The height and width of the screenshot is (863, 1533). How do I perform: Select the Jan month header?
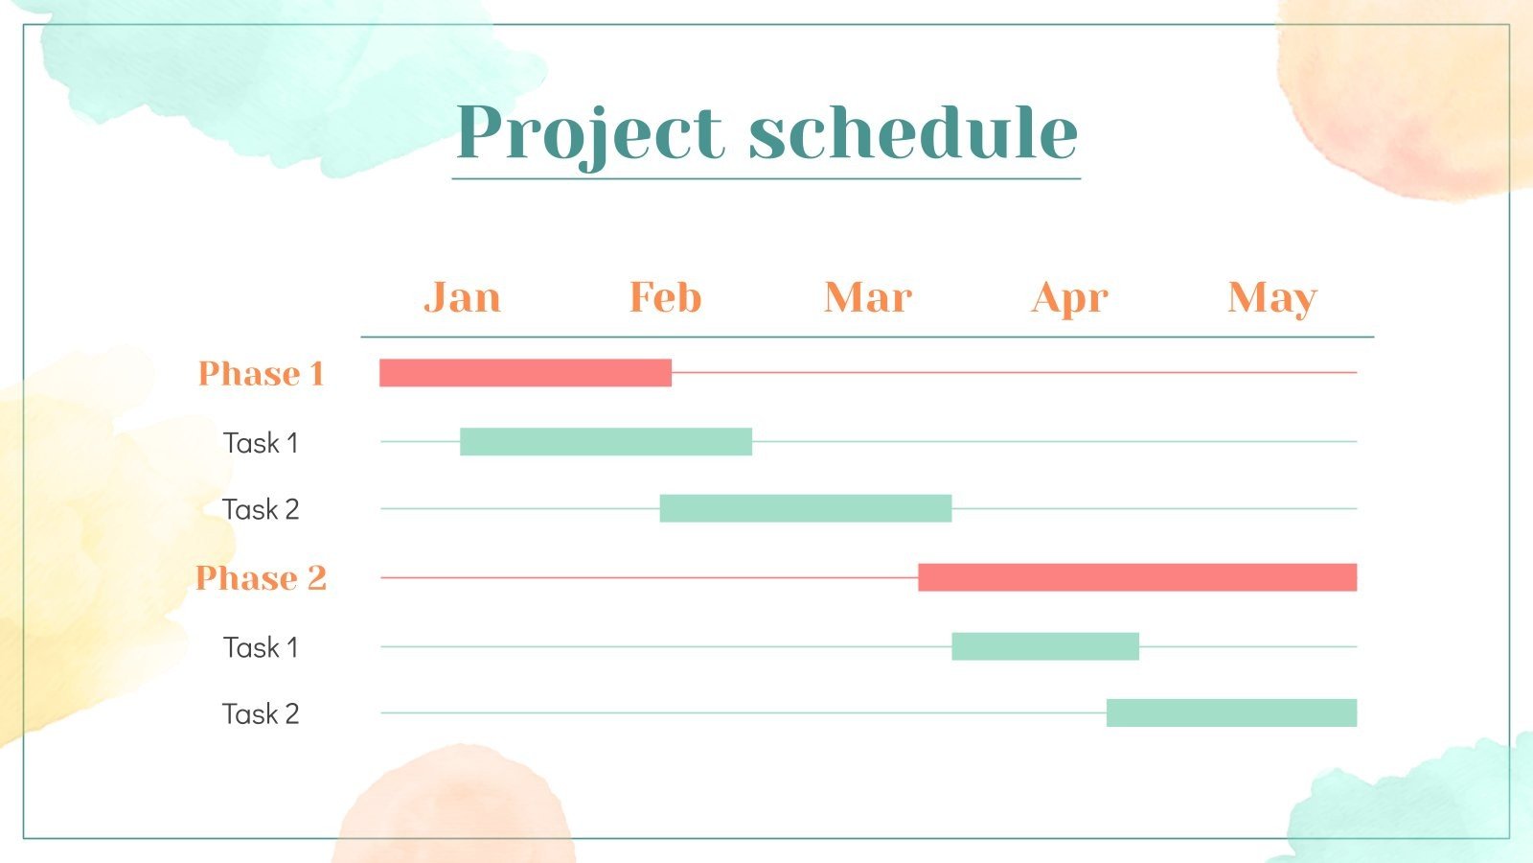pos(462,297)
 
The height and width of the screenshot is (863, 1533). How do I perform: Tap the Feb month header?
pos(665,297)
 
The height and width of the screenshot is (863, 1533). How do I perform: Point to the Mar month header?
pos(867,297)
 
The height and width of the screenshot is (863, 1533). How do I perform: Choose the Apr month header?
pos(1069,298)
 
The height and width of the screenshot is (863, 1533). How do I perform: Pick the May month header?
pos(1271,298)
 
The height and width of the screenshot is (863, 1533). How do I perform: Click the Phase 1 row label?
pos(261,373)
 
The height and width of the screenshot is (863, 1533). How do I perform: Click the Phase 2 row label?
pos(261,578)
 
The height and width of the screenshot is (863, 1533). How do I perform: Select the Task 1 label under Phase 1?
pos(261,443)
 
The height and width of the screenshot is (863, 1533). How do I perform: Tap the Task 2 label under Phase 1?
pos(261,509)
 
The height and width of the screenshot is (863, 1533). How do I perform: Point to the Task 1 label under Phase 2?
pos(261,648)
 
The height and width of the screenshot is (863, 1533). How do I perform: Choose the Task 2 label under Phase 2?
pos(261,714)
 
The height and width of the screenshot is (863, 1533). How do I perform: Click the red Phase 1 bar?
pos(525,373)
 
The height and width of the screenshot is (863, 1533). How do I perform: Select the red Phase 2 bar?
pos(1137,577)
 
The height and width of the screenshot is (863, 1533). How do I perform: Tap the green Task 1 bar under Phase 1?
pos(606,442)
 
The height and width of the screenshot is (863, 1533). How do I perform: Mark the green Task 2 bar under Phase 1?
pos(806,508)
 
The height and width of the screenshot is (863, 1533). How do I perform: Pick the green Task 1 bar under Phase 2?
pos(1045,646)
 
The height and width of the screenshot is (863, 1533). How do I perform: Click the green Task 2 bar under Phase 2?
pos(1231,712)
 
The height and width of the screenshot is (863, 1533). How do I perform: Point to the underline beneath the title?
pos(766,178)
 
